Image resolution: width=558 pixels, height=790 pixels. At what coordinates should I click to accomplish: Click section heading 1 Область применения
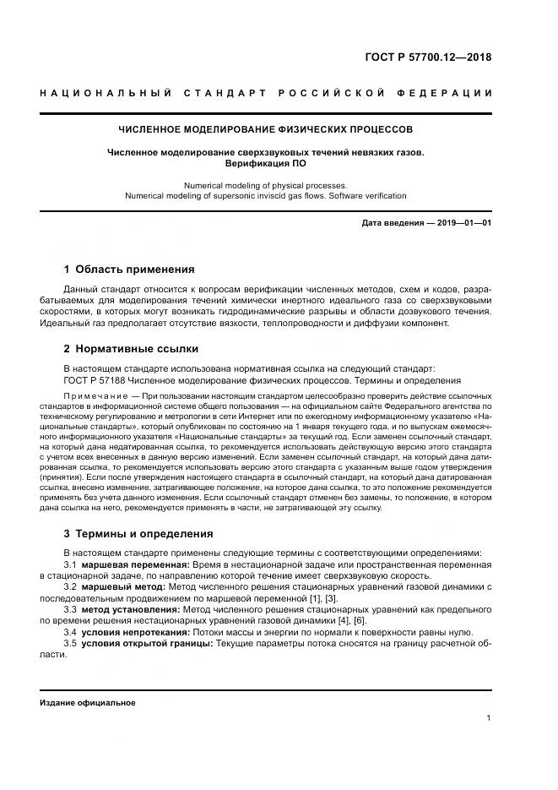click(x=129, y=270)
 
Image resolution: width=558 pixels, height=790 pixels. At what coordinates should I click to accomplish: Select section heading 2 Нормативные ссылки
click(x=131, y=348)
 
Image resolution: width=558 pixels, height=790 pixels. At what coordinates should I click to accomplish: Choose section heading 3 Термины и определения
click(x=138, y=534)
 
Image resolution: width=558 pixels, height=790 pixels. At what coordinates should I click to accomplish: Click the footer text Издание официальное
click(x=88, y=702)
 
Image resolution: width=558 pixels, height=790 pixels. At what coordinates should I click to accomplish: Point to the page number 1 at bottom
click(x=489, y=718)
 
